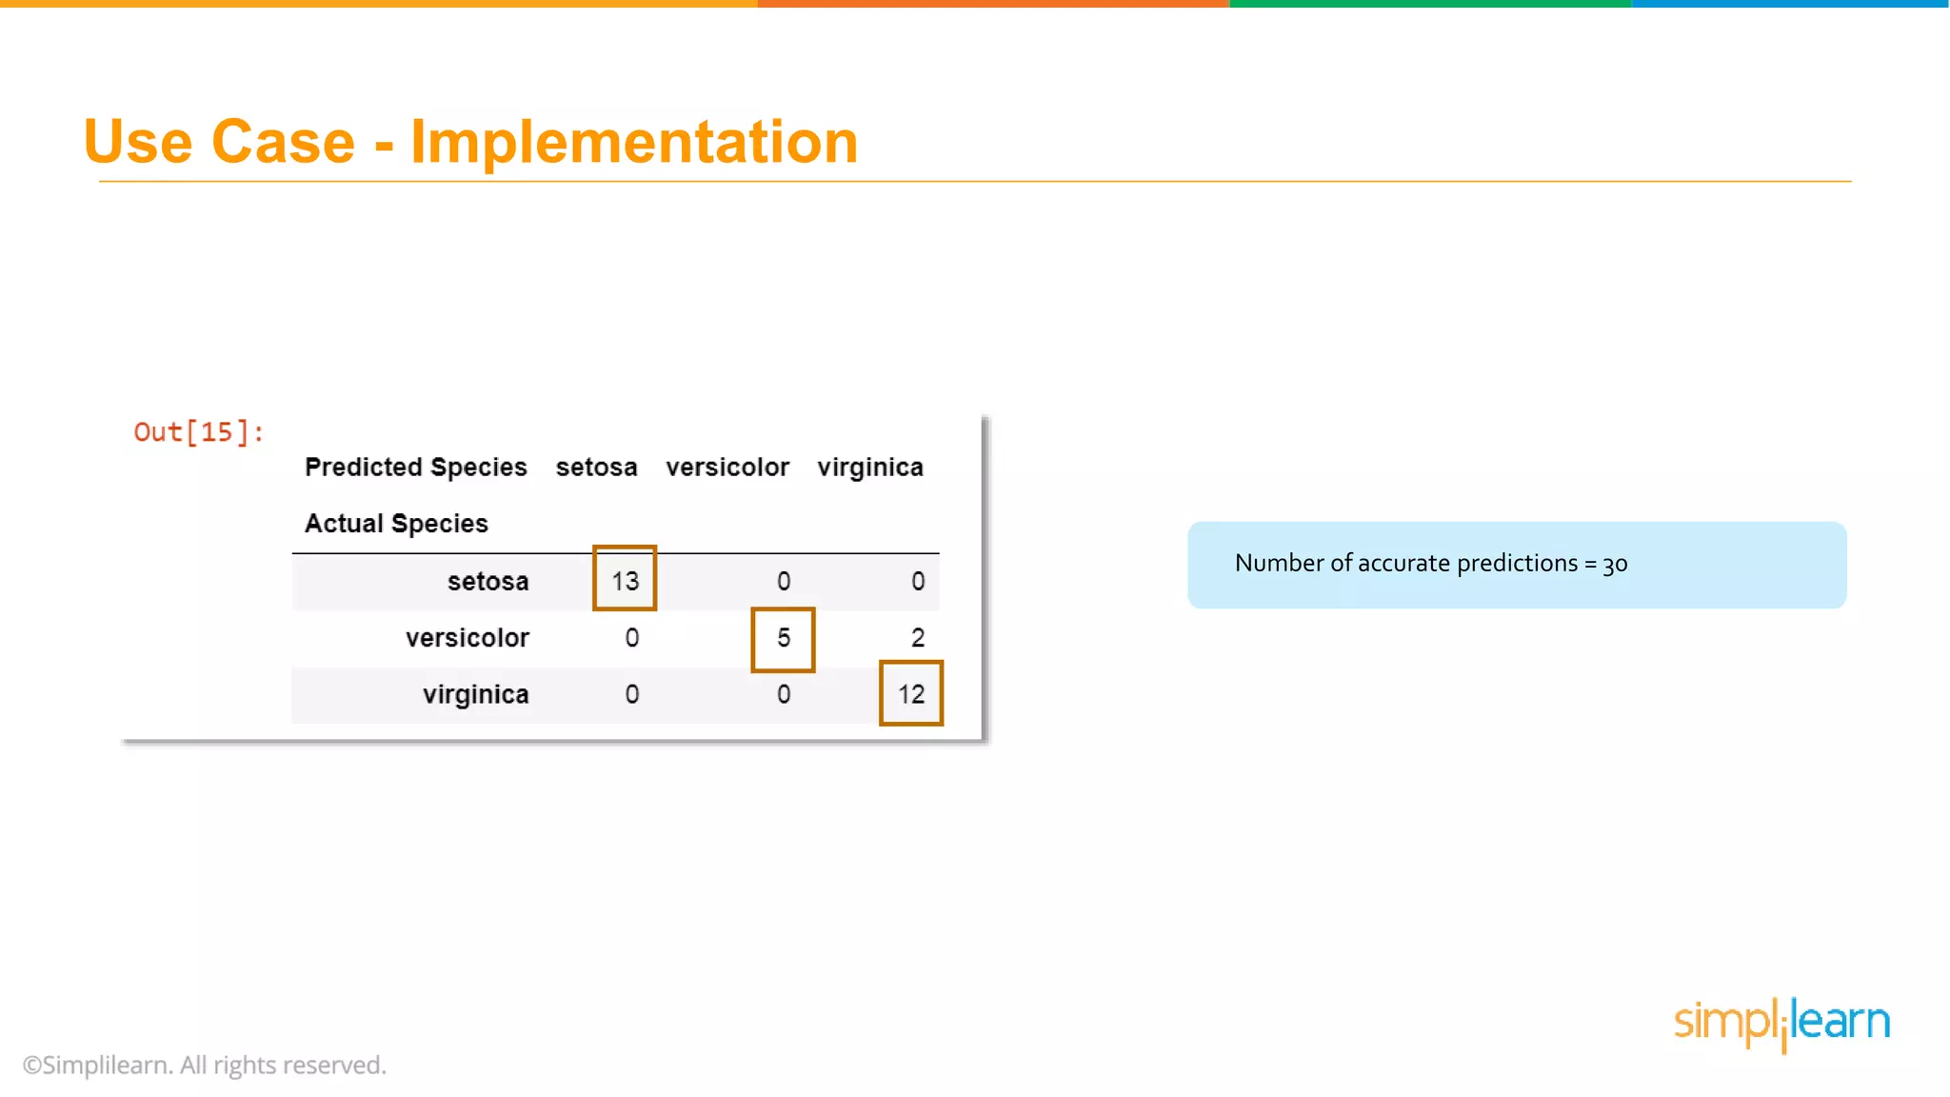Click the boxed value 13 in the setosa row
tap(625, 580)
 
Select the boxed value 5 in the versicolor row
tap(783, 638)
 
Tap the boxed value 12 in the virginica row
tap(911, 694)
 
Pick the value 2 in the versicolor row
tap(917, 638)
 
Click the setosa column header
tap(596, 468)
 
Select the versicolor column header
tap(727, 468)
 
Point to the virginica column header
tap(870, 468)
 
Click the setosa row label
tap(487, 581)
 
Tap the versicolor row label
tap(467, 638)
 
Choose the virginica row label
tap(475, 694)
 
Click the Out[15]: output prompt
tap(198, 432)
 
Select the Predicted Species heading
tap(415, 468)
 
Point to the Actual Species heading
tap(396, 524)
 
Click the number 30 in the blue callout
tap(1615, 564)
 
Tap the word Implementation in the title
tap(634, 142)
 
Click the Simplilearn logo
tap(1781, 1023)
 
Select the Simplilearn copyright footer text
tap(205, 1065)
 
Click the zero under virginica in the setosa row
tap(917, 581)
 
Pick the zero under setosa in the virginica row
tap(631, 694)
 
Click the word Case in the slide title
tap(283, 142)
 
